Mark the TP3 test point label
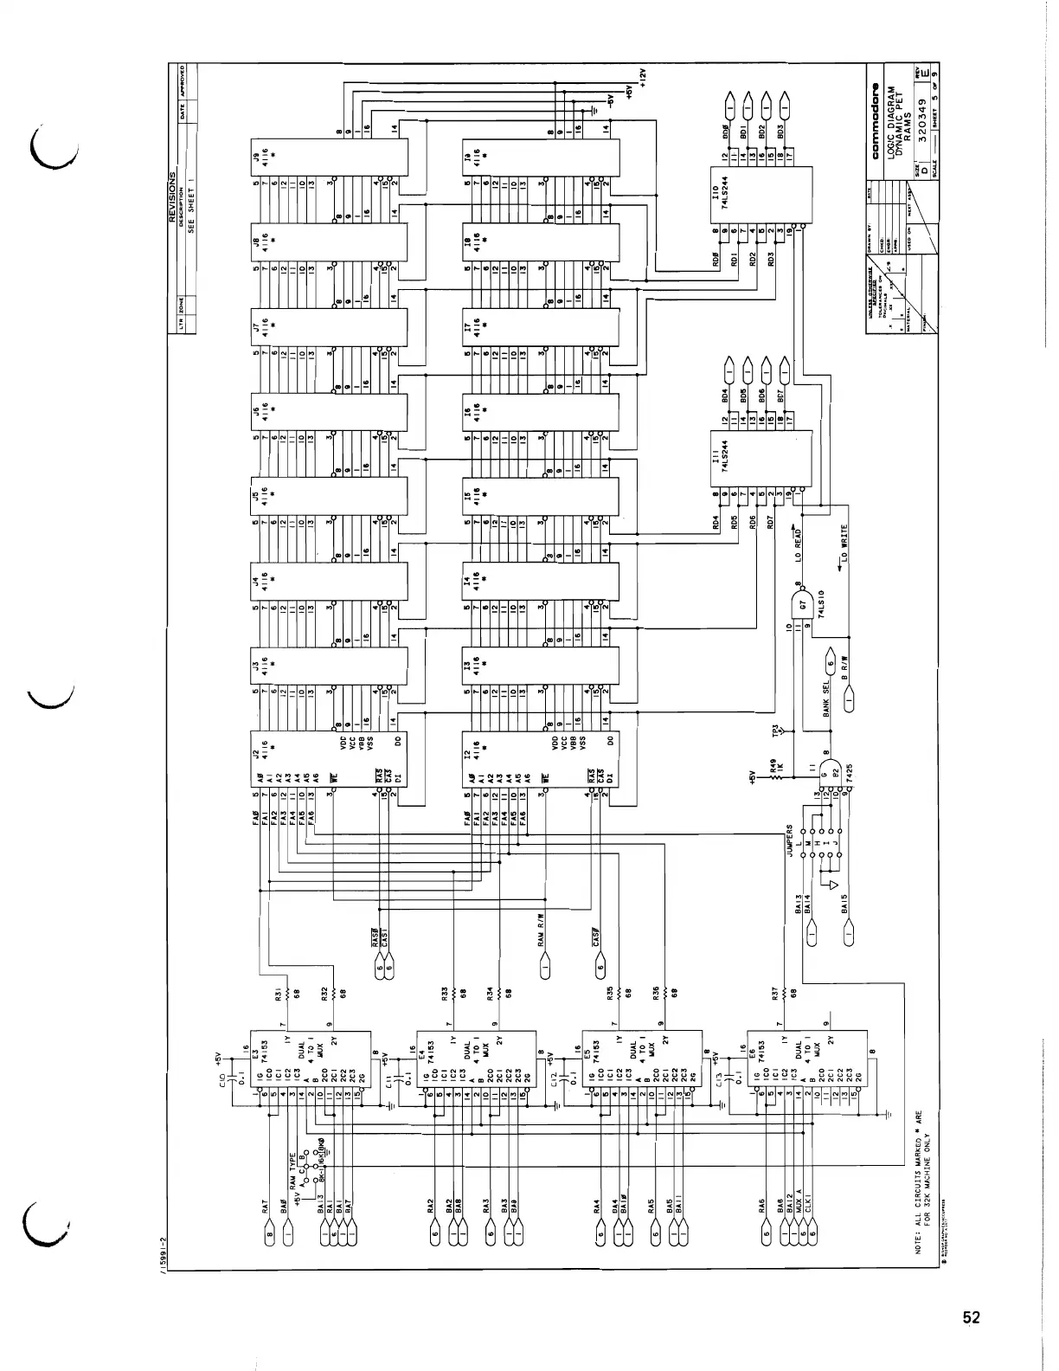[777, 730]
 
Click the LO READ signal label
[800, 544]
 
